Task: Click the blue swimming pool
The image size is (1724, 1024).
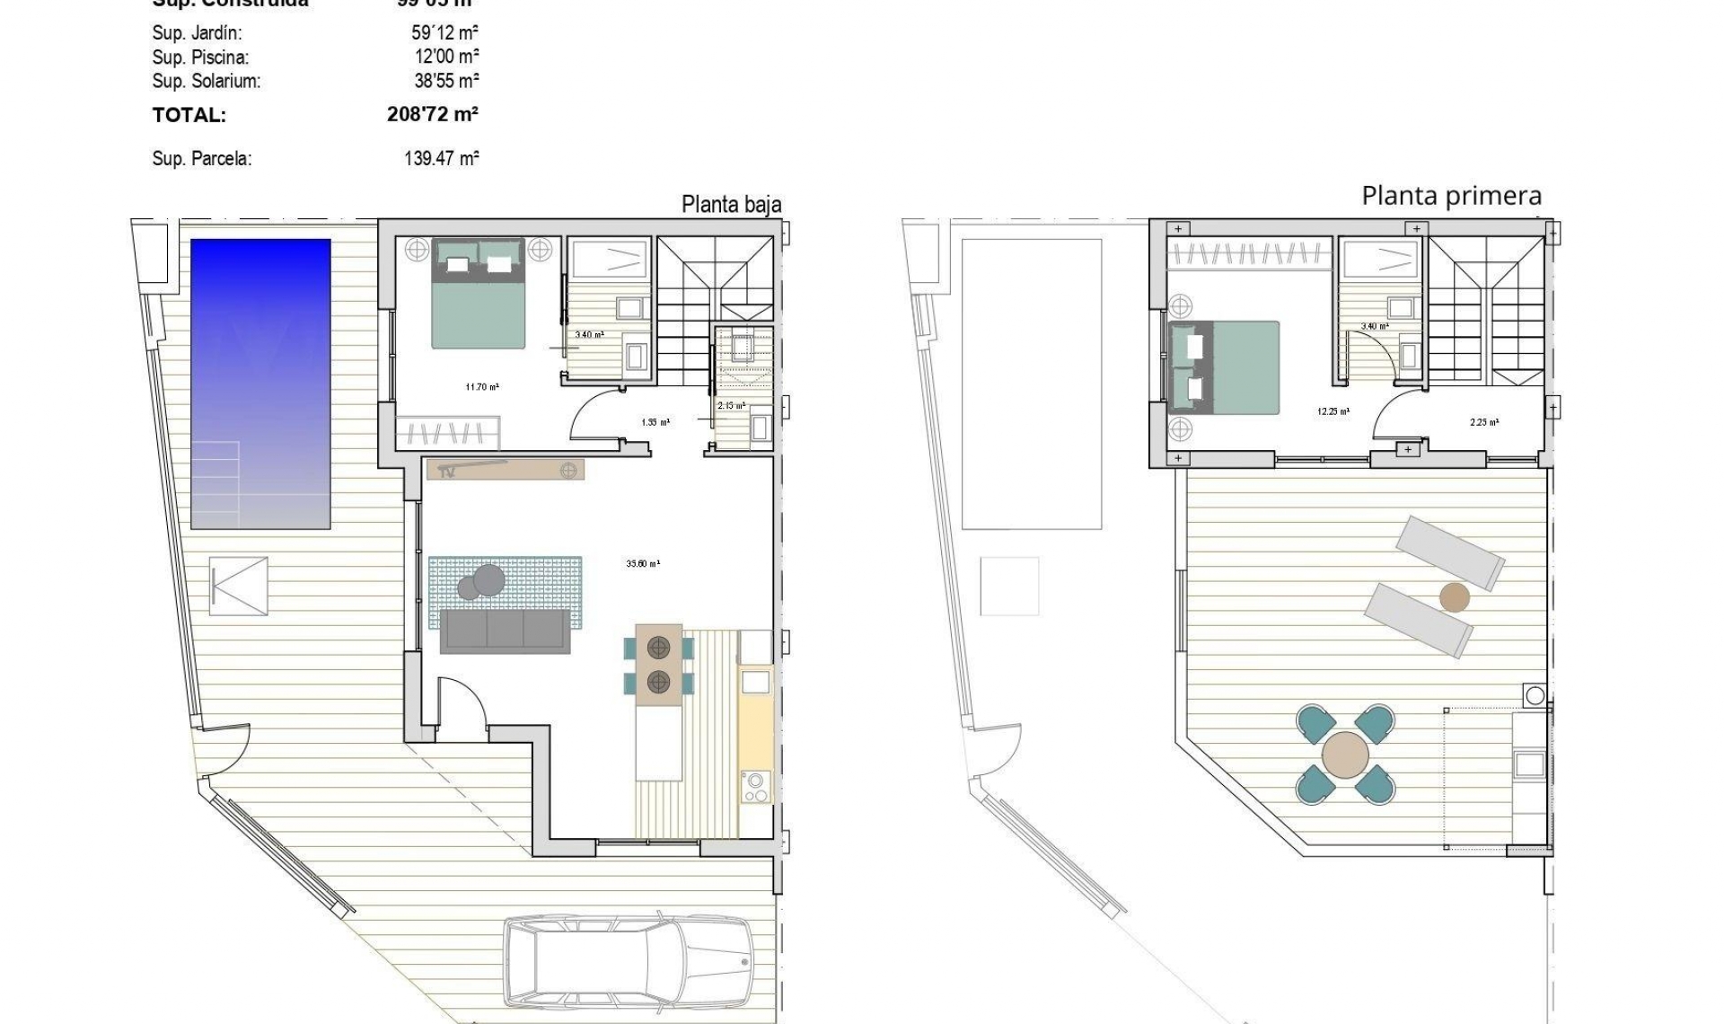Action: (260, 384)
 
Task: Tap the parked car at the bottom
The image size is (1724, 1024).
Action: (628, 961)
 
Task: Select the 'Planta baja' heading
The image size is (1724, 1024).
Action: (731, 205)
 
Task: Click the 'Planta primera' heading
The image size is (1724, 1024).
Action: (1451, 196)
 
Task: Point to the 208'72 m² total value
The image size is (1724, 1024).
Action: (432, 115)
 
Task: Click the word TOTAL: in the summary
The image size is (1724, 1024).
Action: (189, 116)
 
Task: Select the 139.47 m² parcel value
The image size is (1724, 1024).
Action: (441, 159)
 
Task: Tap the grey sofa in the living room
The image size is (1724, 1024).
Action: (505, 631)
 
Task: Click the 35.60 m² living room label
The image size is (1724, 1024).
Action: (643, 564)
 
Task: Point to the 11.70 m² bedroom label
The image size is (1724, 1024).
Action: (482, 387)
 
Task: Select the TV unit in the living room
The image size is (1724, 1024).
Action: (506, 470)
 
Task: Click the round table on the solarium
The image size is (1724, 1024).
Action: (1345, 755)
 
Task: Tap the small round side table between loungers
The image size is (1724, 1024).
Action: (1454, 597)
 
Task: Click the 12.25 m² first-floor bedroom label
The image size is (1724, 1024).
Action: (1333, 412)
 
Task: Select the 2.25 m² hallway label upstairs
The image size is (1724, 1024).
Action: (1483, 422)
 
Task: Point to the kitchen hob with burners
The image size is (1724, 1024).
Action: (755, 787)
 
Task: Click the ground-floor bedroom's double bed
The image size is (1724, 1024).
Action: (478, 295)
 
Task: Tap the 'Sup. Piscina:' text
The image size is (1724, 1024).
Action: (200, 57)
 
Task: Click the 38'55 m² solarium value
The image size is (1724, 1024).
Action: (446, 81)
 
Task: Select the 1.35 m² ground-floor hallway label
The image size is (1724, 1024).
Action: (655, 422)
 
